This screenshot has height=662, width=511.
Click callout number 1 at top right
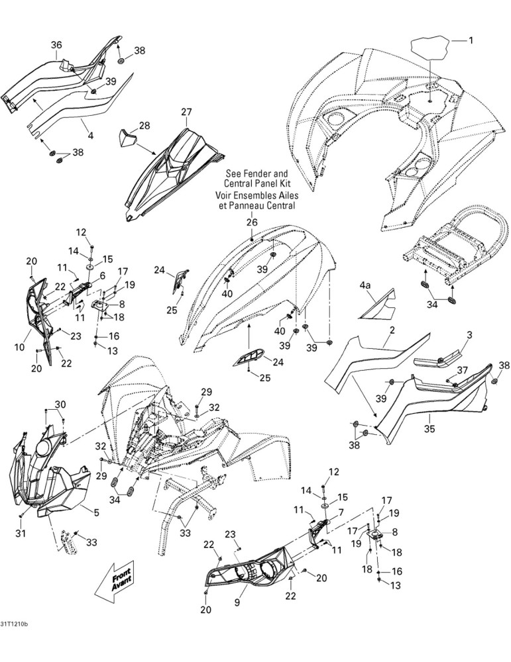pos(471,40)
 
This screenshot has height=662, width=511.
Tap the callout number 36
pos(56,45)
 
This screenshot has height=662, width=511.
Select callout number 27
pos(186,112)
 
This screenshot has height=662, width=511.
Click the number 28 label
pos(144,125)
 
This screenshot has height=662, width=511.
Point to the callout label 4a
pos(365,286)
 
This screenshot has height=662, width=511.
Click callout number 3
pos(469,335)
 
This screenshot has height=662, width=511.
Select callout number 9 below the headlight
pos(237,602)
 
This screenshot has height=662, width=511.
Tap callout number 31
pos(21,533)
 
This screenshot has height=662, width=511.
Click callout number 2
pos(392,330)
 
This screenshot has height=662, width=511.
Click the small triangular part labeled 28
pos(127,138)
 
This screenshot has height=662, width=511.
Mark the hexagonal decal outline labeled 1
pos(430,48)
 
